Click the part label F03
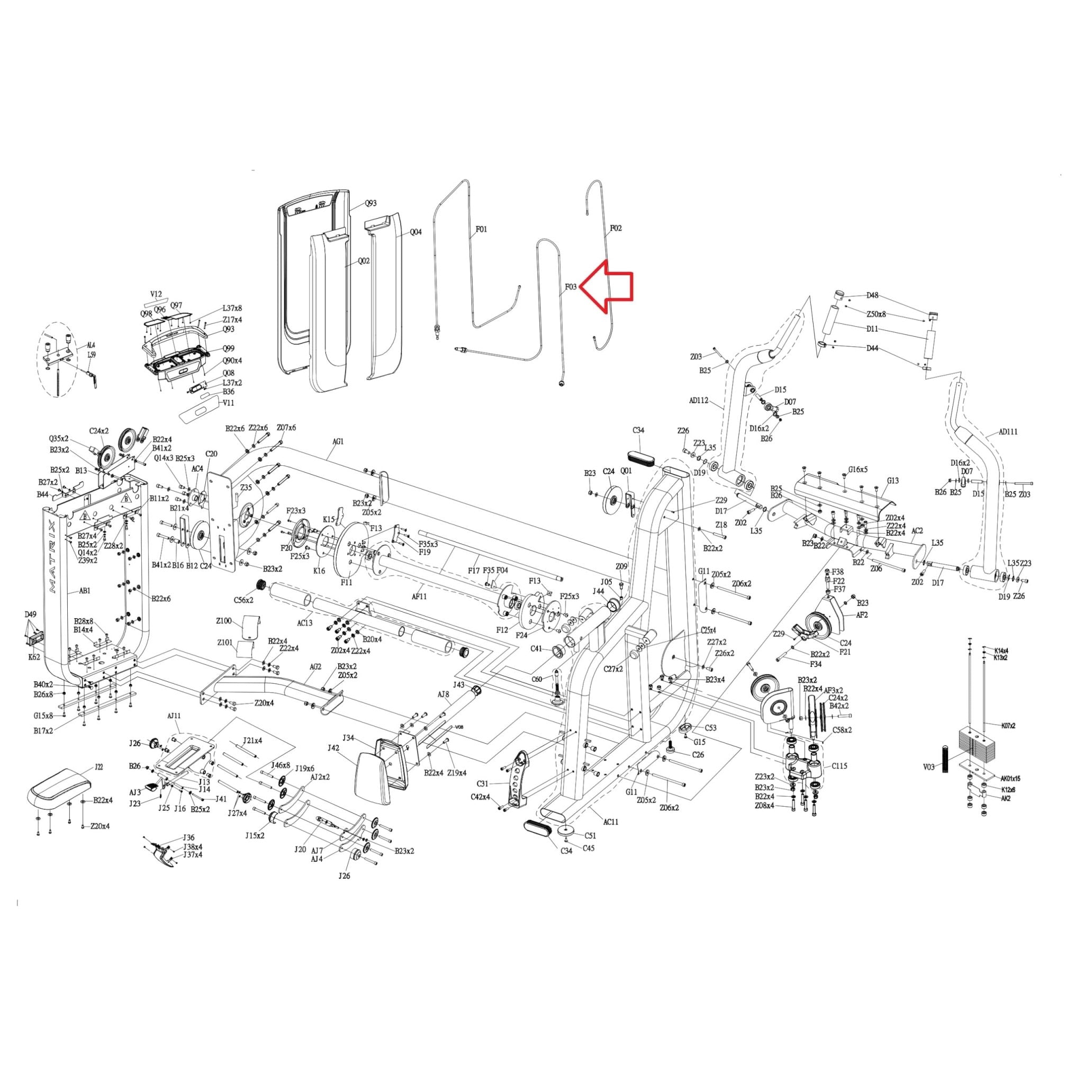tap(570, 287)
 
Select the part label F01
tap(482, 229)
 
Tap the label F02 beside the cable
tap(616, 228)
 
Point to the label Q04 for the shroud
tap(415, 232)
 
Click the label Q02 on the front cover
tap(364, 261)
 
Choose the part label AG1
tap(338, 441)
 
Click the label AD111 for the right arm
tap(1008, 432)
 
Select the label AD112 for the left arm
tap(699, 401)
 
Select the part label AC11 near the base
tap(610, 822)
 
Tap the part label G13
tap(893, 481)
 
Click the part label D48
tap(872, 295)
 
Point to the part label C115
tap(839, 765)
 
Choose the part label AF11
tap(419, 597)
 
